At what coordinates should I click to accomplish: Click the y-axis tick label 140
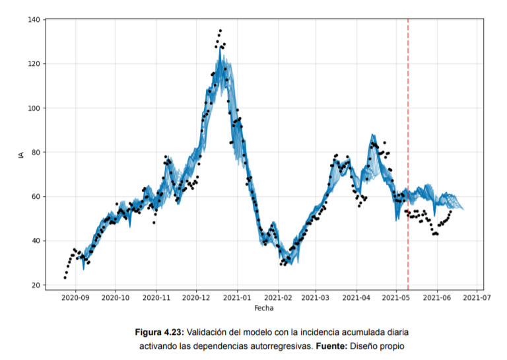coord(33,20)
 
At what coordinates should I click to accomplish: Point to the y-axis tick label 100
coord(33,108)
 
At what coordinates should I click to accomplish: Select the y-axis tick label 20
coord(35,285)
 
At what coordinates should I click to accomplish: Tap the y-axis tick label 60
coord(35,197)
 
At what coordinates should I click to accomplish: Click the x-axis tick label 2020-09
coord(75,298)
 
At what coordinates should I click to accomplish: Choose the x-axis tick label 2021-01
coord(238,298)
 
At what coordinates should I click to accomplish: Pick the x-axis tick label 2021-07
coord(476,298)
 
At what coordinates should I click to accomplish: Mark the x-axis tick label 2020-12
coord(196,298)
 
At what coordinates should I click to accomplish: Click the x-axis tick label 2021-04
coord(356,298)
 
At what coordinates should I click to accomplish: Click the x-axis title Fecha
coord(264,308)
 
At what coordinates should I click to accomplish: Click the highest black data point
coord(220,30)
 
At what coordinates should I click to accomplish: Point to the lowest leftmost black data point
coord(65,277)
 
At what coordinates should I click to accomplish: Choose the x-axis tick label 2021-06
coord(436,298)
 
